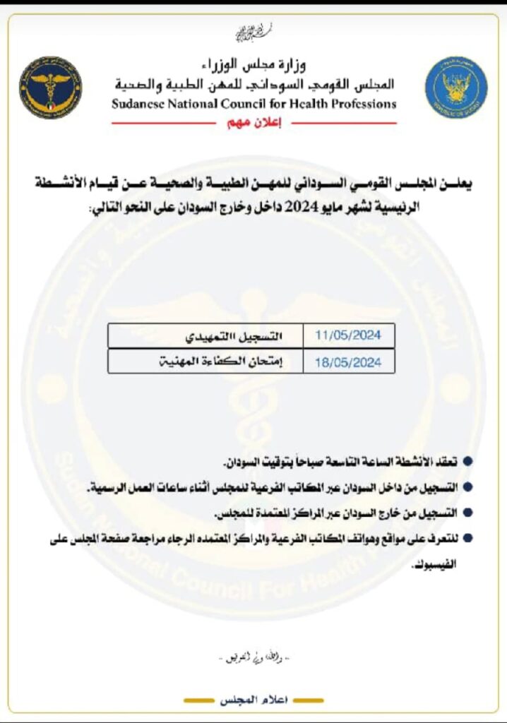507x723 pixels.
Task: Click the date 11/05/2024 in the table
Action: pyautogui.click(x=347, y=335)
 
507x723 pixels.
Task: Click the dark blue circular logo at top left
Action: pyautogui.click(x=50, y=88)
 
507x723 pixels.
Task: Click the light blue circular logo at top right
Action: pyautogui.click(x=455, y=88)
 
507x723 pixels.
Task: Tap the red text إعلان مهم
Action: pyautogui.click(x=253, y=122)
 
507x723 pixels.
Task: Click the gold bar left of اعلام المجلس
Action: pyautogui.click(x=201, y=700)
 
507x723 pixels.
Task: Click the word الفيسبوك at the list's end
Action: pyautogui.click(x=439, y=565)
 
